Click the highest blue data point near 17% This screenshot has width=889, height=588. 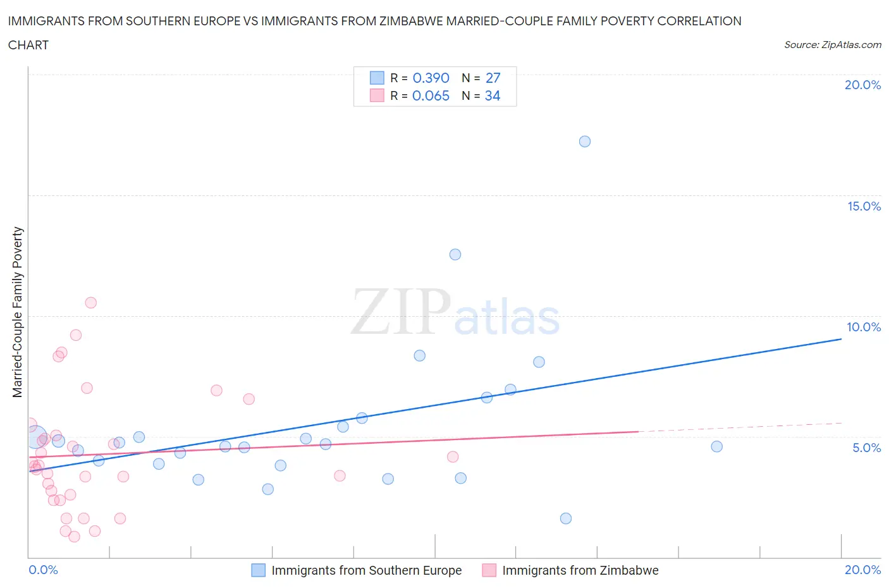(585, 141)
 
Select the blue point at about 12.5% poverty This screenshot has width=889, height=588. (455, 254)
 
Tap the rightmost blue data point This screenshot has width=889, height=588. (716, 446)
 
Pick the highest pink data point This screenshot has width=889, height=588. (90, 302)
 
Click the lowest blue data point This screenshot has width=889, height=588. (566, 518)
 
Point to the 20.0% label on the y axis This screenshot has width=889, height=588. (862, 85)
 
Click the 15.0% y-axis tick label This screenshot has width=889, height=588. (864, 206)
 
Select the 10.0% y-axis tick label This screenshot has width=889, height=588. (864, 327)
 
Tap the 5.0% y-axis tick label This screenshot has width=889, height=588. (866, 448)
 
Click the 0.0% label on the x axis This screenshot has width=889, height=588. (44, 570)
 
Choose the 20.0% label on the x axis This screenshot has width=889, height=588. (862, 570)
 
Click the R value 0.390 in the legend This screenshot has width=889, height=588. (431, 78)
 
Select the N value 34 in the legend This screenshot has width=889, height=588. (493, 95)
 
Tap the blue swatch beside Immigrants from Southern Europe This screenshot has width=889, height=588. (259, 570)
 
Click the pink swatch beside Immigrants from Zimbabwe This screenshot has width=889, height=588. (489, 570)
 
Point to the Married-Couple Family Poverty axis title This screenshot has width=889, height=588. (18, 312)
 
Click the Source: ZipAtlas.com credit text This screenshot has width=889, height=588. (832, 45)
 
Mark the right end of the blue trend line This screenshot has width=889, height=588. (841, 339)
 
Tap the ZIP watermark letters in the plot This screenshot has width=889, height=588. (401, 312)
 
